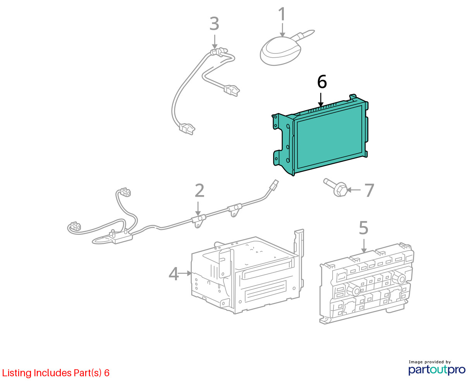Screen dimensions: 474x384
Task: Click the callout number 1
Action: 282,14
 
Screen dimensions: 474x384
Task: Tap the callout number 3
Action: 214,24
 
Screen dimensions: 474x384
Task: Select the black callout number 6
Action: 322,82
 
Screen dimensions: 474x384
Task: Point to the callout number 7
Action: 369,190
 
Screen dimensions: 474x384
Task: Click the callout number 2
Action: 199,190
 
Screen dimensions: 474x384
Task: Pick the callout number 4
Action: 173,274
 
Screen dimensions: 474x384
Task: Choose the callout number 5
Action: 363,228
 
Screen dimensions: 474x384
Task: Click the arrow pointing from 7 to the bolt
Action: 354,190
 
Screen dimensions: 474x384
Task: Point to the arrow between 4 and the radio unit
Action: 185,273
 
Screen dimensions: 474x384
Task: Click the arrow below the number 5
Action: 364,246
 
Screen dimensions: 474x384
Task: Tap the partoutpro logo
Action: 436,370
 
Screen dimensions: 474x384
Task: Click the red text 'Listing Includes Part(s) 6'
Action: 56,373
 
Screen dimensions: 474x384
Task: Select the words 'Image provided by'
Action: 430,362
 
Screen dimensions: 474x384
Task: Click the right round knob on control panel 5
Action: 399,278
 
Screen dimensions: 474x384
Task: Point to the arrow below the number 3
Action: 215,41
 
